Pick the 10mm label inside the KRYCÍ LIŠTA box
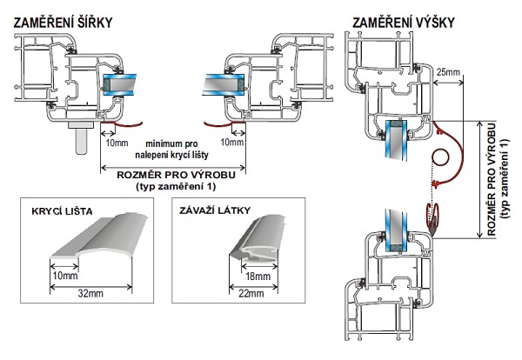click(64, 276)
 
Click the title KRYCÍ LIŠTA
click(64, 213)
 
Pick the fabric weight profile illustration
click(252, 247)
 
